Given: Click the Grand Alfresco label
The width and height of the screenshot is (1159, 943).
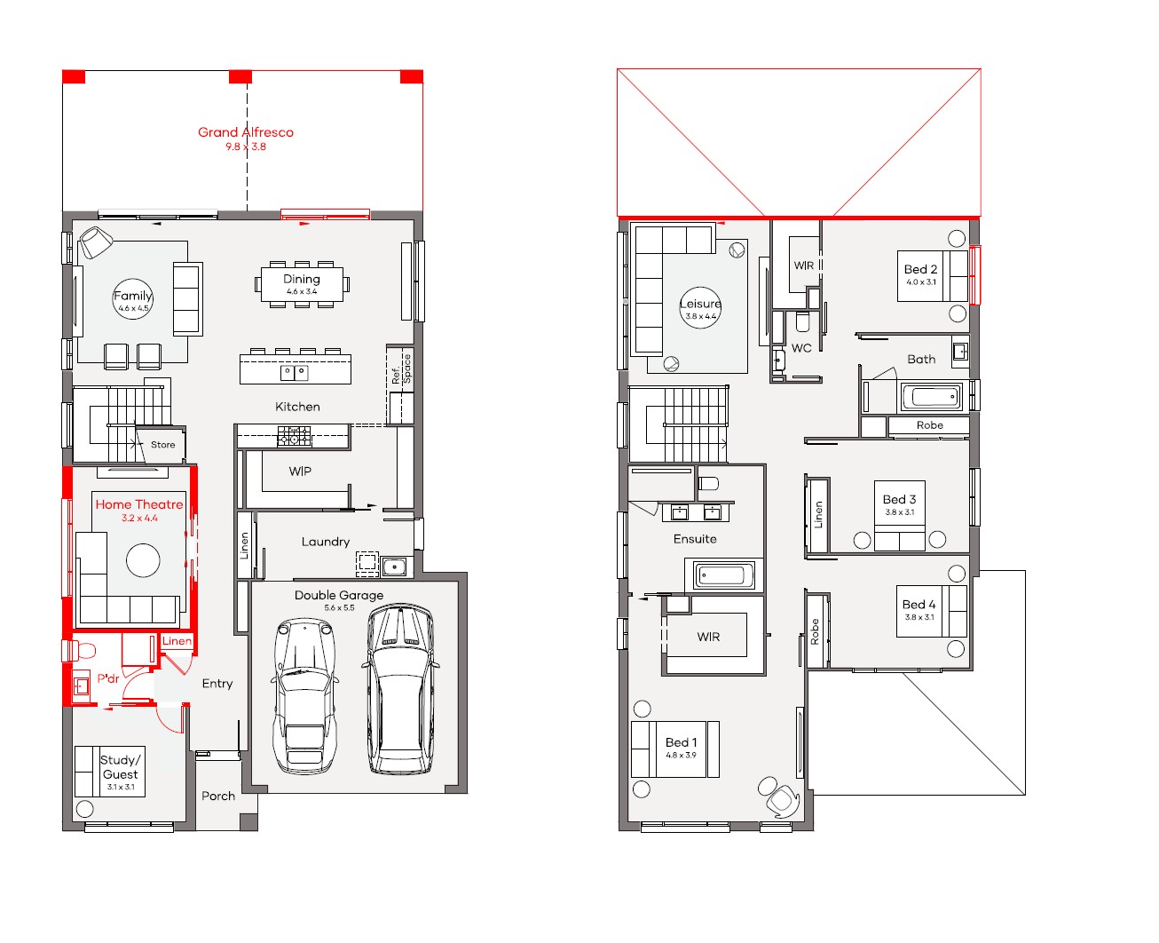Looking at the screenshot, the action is pyautogui.click(x=246, y=132).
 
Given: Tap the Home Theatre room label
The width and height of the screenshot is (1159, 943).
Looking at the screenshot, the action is pyautogui.click(x=139, y=504).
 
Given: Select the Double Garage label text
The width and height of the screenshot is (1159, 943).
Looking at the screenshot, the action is pyautogui.click(x=339, y=595).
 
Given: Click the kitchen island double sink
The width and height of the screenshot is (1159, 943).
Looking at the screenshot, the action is pyautogui.click(x=295, y=373).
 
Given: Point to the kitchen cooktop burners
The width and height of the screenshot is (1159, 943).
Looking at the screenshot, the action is pyautogui.click(x=294, y=436).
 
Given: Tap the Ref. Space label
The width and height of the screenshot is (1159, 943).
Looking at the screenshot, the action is pyautogui.click(x=402, y=369).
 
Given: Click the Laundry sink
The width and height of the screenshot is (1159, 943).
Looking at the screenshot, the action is pyautogui.click(x=394, y=567).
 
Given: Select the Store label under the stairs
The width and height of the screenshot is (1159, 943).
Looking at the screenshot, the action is pyautogui.click(x=162, y=445).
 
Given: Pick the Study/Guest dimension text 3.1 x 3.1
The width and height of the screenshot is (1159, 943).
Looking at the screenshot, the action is pyautogui.click(x=121, y=787).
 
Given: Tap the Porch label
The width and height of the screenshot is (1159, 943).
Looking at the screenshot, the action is pyautogui.click(x=218, y=796).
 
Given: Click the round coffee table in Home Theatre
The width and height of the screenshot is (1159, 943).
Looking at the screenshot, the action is pyautogui.click(x=143, y=560).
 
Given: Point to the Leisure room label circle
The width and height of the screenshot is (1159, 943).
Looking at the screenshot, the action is pyautogui.click(x=700, y=308).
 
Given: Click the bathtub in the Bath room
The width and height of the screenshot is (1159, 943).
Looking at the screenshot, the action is pyautogui.click(x=932, y=396).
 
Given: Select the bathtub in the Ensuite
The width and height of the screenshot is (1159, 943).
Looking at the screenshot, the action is pyautogui.click(x=722, y=575).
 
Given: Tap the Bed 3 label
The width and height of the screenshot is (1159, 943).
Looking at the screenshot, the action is pyautogui.click(x=900, y=499).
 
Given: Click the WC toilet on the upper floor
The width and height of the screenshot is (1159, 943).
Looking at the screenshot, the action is pyautogui.click(x=802, y=321).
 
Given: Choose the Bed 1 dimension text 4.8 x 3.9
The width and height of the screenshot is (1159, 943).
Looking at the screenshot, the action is pyautogui.click(x=681, y=755).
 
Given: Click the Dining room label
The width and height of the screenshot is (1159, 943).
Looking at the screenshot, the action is pyautogui.click(x=302, y=280).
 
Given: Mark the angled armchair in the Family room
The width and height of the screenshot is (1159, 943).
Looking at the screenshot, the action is pyautogui.click(x=95, y=242).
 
